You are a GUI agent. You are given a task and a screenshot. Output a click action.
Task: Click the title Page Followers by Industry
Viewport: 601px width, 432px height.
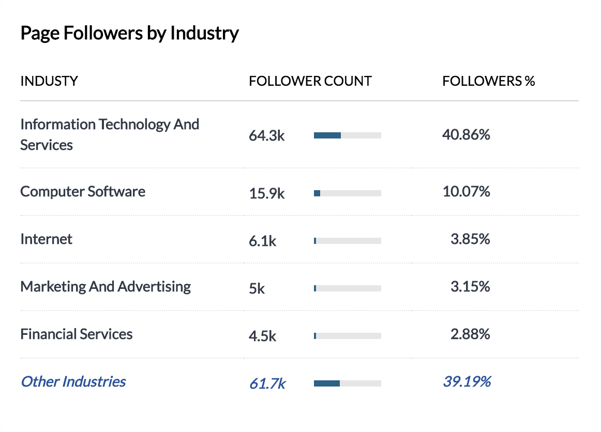(129, 34)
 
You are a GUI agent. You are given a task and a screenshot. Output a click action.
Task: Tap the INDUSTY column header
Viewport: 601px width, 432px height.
(49, 81)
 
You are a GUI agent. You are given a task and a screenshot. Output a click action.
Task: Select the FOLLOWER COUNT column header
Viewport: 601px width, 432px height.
(310, 81)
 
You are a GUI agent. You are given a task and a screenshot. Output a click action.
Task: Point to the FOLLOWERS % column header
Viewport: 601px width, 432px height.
(488, 81)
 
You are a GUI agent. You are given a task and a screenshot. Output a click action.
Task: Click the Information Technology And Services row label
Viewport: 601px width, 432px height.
(110, 134)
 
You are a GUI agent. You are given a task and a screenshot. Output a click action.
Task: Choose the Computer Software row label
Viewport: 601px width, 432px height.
(83, 192)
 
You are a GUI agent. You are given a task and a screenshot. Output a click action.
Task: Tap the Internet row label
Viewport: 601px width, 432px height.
(47, 239)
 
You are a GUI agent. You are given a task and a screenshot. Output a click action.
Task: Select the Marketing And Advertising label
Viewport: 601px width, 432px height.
(106, 287)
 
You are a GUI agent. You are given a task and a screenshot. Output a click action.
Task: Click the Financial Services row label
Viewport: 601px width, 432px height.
(77, 334)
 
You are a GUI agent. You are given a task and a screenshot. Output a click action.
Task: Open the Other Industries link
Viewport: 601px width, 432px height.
(73, 382)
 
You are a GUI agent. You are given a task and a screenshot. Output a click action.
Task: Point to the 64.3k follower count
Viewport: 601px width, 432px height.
(267, 136)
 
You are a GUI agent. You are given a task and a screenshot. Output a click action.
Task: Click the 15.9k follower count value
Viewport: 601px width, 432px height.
(267, 193)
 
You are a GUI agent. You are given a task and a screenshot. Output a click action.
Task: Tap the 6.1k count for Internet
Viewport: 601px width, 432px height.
(263, 241)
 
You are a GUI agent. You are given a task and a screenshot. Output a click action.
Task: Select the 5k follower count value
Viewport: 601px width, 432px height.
(257, 288)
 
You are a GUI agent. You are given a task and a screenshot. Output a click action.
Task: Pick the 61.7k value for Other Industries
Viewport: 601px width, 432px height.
(267, 383)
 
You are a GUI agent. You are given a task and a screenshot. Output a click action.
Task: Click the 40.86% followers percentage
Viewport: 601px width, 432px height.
(466, 135)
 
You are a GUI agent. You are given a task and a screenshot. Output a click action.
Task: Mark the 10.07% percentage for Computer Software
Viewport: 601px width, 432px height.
(466, 192)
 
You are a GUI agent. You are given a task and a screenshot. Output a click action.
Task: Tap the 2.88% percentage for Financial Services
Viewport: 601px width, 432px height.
(470, 334)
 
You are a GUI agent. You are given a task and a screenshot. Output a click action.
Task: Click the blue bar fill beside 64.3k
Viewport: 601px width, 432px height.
(327, 135)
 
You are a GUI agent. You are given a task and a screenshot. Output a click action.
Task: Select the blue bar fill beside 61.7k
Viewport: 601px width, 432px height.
(327, 383)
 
